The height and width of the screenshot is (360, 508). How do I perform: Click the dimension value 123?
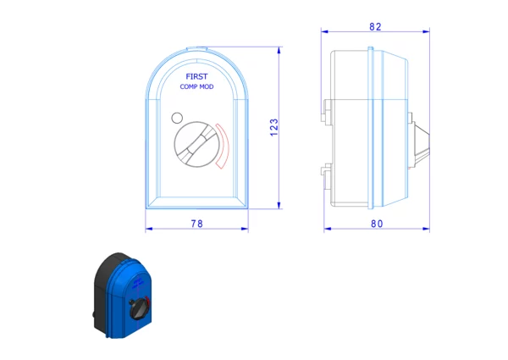tap(274, 127)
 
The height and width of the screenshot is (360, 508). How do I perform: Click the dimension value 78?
tap(196, 224)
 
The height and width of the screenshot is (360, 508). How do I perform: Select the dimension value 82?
tap(375, 26)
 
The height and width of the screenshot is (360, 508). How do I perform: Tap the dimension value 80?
tap(377, 224)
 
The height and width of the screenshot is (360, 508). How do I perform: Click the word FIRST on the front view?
tap(196, 76)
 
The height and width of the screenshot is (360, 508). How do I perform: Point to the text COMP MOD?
tap(196, 86)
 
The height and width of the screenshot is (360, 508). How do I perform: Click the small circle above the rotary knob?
tap(177, 118)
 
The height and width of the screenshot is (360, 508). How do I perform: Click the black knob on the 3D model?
tap(140, 309)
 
